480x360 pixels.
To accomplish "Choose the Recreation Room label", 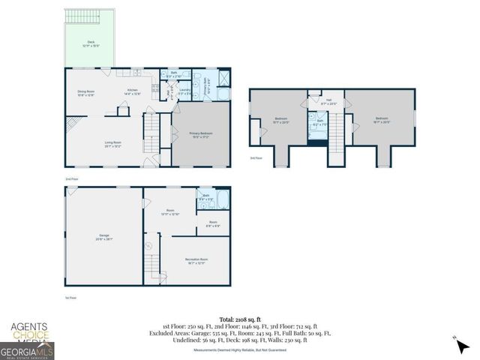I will tap(196, 260).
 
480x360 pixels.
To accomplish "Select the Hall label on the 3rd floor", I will tap(329, 100).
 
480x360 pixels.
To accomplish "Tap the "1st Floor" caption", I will tap(70, 298).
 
